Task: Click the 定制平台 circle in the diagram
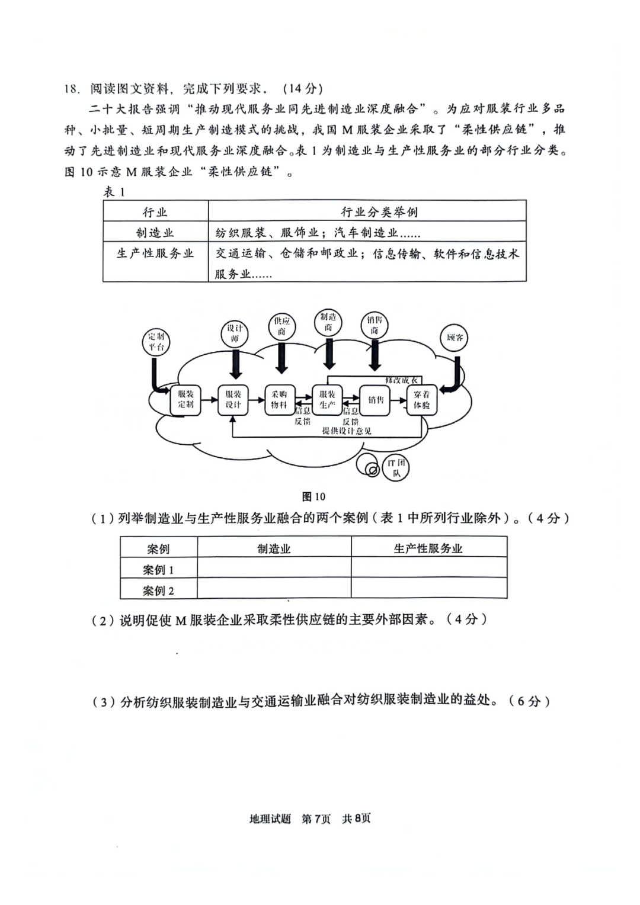[x=156, y=342]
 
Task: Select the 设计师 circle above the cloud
[x=235, y=333]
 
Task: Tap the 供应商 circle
[x=282, y=326]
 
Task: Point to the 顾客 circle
[x=455, y=338]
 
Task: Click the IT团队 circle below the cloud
[x=396, y=468]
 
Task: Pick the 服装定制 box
[x=185, y=399]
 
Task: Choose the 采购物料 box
[x=279, y=399]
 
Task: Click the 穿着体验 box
[x=421, y=399]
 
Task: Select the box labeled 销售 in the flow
[x=376, y=400]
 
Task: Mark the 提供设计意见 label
[x=347, y=431]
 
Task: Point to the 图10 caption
[x=313, y=496]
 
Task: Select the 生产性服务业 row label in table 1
[x=155, y=253]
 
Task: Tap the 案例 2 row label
[x=158, y=590]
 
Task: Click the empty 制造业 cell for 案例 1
[x=274, y=569]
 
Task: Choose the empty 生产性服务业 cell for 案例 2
[x=428, y=590]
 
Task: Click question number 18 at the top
[x=71, y=89]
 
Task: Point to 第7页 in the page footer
[x=316, y=819]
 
